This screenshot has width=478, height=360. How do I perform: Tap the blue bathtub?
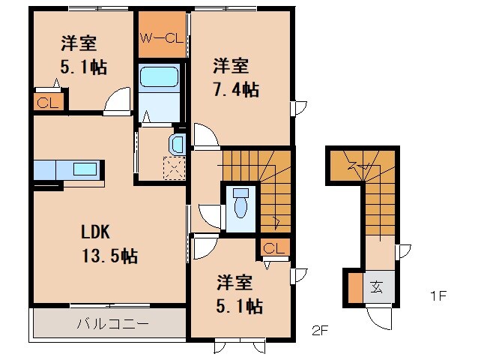point(159,78)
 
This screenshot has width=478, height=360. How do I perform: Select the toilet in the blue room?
point(240,202)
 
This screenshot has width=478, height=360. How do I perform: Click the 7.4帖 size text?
point(236,90)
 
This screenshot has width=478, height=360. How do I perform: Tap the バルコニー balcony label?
point(113,325)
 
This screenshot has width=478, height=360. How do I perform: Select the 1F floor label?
point(439,295)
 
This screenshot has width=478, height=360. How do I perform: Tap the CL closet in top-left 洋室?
point(46,102)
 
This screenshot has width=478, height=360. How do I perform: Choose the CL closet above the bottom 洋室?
point(273,248)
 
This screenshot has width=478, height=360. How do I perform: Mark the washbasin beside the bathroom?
point(178,142)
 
